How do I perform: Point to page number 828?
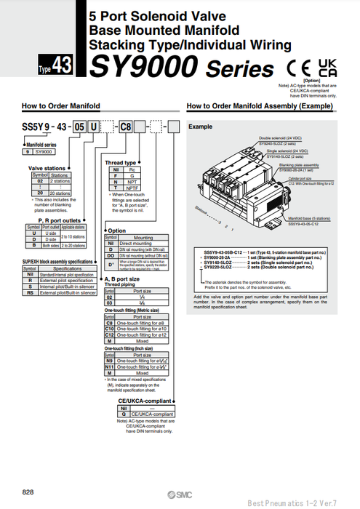(28, 492)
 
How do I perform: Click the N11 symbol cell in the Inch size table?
(111, 367)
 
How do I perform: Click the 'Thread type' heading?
(121, 162)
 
